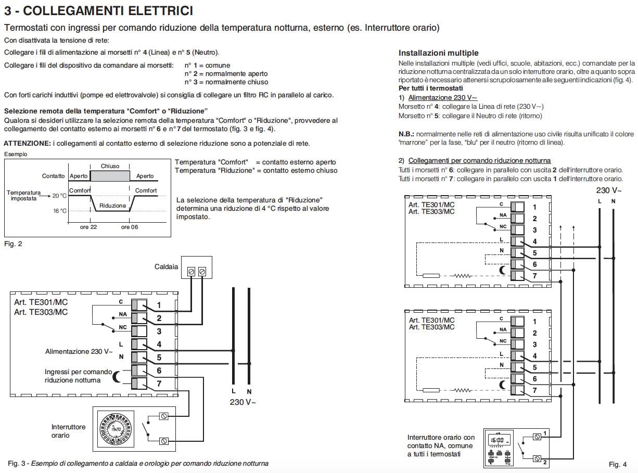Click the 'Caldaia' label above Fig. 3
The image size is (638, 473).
(166, 266)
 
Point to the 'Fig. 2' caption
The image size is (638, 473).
(13, 244)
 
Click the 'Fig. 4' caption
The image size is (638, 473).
(617, 464)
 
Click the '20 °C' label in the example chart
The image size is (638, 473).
(59, 196)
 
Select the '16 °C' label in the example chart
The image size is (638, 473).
(59, 211)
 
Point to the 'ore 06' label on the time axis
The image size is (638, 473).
(130, 227)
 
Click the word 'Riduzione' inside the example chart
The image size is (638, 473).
(113, 206)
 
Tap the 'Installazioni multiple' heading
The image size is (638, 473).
(438, 53)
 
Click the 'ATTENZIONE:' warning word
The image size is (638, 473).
(27, 143)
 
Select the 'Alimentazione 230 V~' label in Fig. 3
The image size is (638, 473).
(79, 352)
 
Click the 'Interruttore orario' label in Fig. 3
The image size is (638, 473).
(69, 431)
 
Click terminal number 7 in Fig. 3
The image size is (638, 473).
(159, 384)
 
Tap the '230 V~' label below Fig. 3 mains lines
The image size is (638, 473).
(243, 402)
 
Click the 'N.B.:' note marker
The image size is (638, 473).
(406, 134)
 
